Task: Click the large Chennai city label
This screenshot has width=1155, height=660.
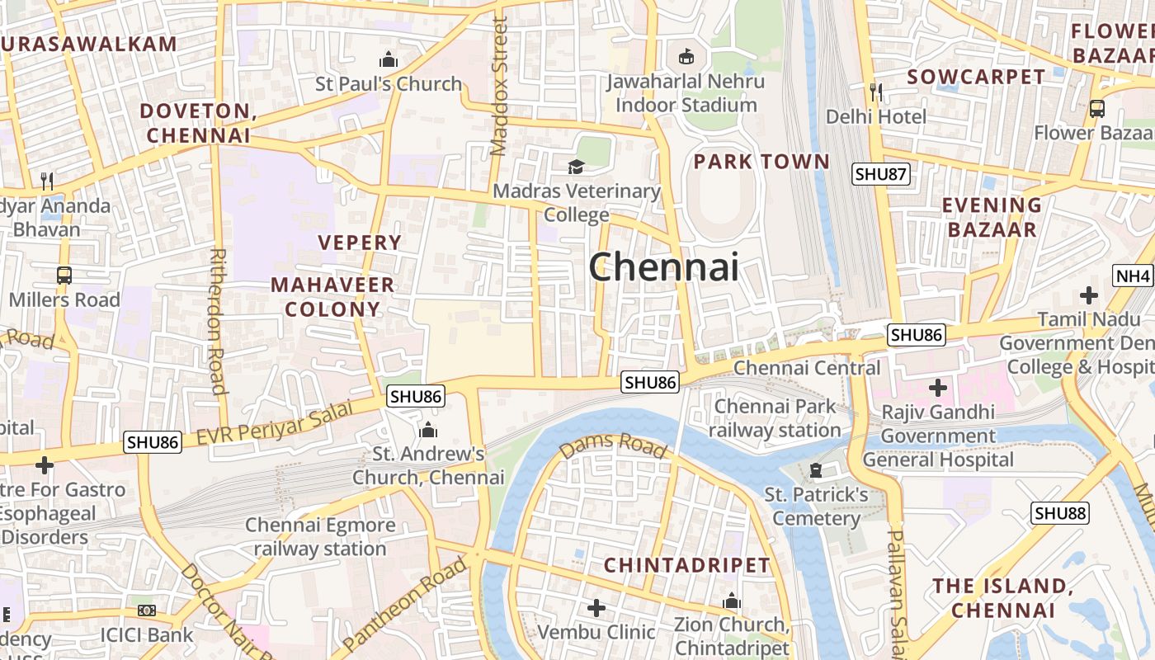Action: (x=663, y=267)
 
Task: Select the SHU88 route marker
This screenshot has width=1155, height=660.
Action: (x=1060, y=513)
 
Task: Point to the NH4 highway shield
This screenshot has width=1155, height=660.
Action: (x=1133, y=276)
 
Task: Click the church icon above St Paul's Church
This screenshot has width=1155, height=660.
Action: (x=388, y=60)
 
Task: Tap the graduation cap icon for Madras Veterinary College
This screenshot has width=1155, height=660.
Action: (x=576, y=167)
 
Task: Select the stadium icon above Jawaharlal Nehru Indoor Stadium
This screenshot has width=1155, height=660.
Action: (x=686, y=57)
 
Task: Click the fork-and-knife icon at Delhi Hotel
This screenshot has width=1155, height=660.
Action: (x=875, y=92)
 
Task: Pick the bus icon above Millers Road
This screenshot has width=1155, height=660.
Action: (x=64, y=276)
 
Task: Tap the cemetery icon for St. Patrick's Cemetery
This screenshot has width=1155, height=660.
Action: (x=816, y=470)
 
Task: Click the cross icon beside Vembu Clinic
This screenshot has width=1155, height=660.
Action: (x=596, y=609)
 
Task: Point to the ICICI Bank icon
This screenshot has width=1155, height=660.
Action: (x=147, y=610)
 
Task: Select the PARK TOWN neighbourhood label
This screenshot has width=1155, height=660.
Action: (x=761, y=162)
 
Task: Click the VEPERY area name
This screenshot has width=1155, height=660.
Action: (x=360, y=243)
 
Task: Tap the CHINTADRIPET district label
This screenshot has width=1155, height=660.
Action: (x=686, y=565)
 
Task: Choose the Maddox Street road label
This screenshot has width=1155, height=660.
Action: (x=499, y=87)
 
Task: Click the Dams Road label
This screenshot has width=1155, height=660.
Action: (x=612, y=445)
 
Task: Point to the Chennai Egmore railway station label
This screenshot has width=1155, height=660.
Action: (x=320, y=536)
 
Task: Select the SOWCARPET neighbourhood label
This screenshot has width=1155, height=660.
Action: (x=976, y=77)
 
